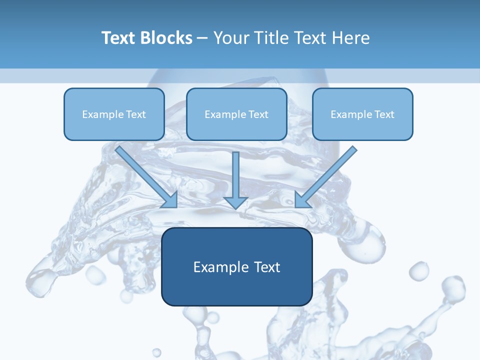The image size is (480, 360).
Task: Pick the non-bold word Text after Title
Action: (311, 38)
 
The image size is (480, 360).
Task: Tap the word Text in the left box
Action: (135, 114)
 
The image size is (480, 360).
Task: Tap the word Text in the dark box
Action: (266, 267)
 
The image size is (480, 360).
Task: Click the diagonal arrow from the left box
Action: (148, 178)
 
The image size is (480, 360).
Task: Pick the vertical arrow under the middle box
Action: (236, 180)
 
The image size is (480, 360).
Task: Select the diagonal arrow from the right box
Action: (325, 178)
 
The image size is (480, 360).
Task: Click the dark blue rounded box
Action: (236, 290)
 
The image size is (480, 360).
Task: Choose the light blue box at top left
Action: (114, 100)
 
